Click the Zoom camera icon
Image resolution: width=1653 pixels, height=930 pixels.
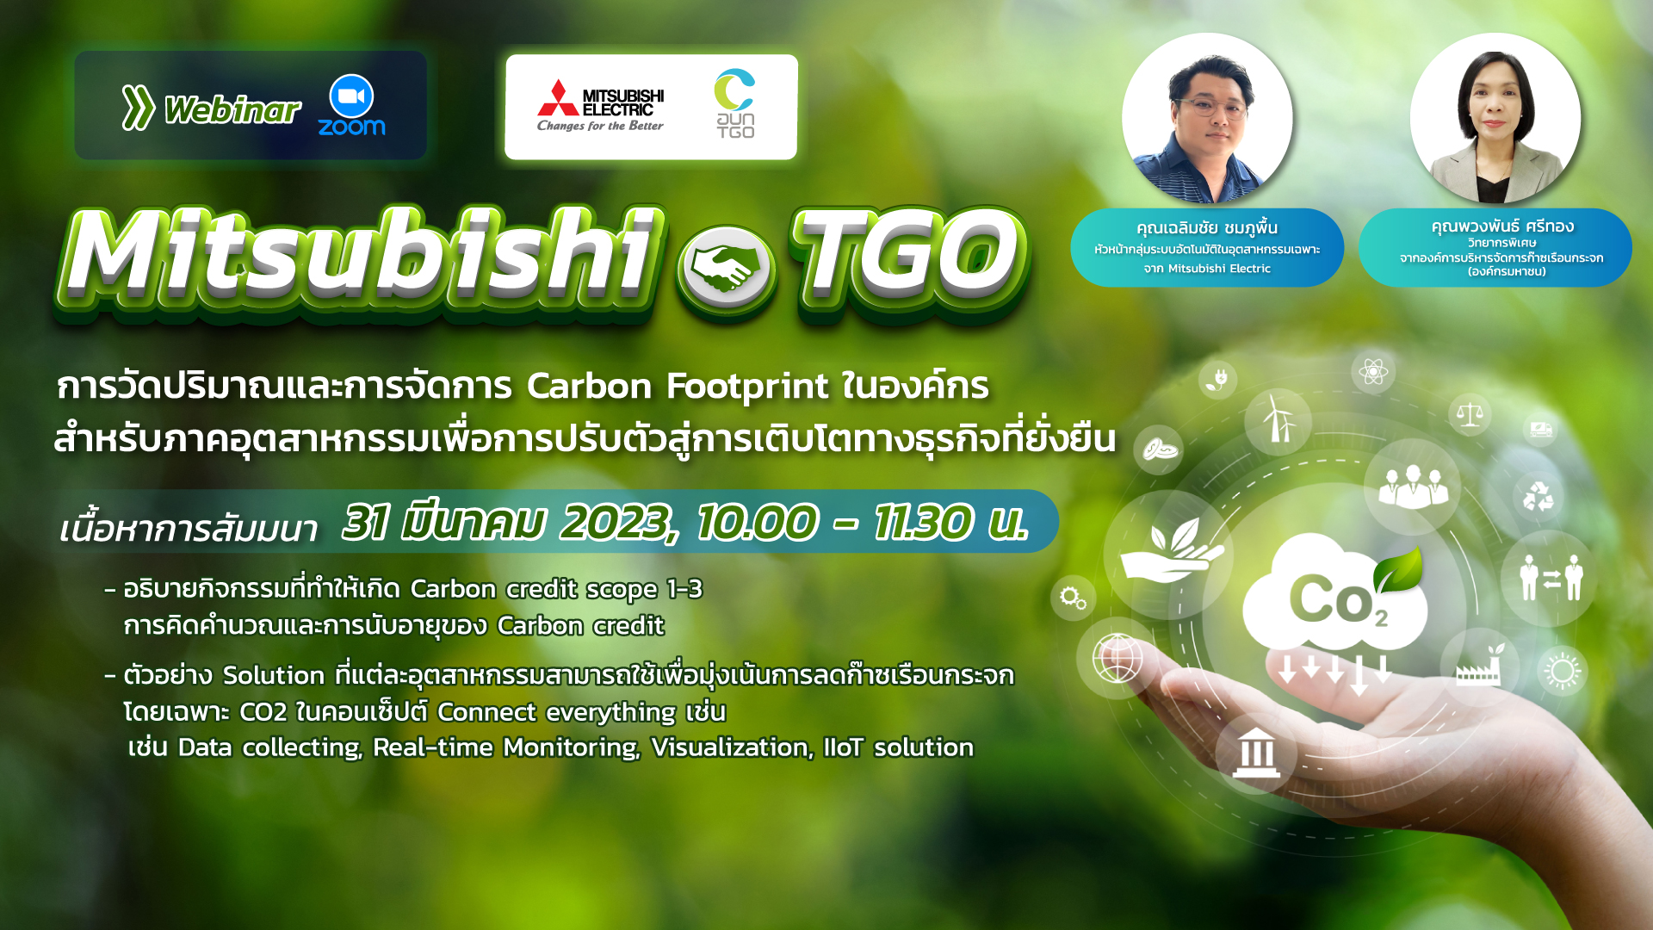[x=351, y=96]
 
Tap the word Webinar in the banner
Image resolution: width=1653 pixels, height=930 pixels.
[x=232, y=110]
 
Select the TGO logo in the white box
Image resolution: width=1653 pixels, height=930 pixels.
[x=735, y=103]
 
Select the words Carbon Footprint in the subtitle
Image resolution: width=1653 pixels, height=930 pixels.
[x=678, y=387]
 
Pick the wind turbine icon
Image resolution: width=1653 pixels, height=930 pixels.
[x=1278, y=419]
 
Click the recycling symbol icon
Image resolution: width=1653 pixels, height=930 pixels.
[x=1538, y=497]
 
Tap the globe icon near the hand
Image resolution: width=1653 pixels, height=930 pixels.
[x=1117, y=658]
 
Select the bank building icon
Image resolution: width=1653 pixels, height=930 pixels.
[x=1257, y=753]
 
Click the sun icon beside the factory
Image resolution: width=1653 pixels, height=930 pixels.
[x=1563, y=672]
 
